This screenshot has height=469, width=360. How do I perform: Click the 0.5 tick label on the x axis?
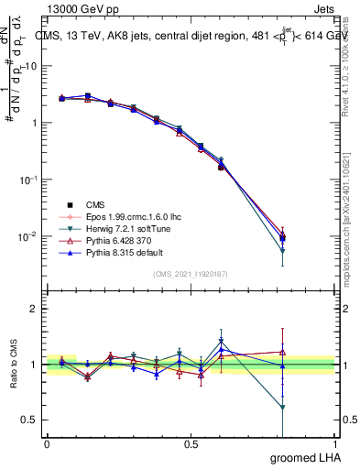click(192, 444)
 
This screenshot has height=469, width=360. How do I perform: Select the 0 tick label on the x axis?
click(47, 444)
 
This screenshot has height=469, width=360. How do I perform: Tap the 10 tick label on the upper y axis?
click(30, 66)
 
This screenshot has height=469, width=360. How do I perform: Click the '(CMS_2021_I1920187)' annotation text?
click(192, 274)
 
